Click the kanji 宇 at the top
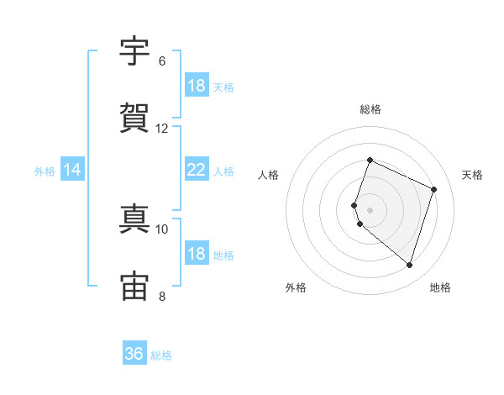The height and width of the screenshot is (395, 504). click(x=134, y=50)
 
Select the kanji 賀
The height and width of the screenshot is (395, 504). click(x=134, y=118)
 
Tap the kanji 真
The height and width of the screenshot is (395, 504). click(x=134, y=219)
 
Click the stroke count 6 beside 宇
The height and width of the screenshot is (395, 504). click(x=162, y=61)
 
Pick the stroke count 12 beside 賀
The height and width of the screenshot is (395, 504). click(x=161, y=129)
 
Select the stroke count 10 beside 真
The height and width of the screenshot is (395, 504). click(x=161, y=229)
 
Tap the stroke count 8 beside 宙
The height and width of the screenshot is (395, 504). click(x=162, y=297)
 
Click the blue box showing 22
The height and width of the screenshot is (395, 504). click(x=197, y=169)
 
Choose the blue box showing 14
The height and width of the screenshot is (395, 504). click(x=72, y=169)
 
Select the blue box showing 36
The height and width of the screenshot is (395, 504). click(x=134, y=352)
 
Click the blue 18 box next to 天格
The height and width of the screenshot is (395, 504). click(x=197, y=85)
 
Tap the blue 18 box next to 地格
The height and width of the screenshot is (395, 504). click(x=197, y=252)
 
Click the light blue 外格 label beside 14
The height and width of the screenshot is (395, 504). click(x=45, y=171)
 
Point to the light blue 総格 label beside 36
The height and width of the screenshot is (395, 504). click(x=161, y=355)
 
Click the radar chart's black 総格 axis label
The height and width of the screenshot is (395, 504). click(x=370, y=109)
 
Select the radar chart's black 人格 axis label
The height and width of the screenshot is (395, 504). click(x=268, y=175)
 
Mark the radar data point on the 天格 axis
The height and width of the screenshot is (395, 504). click(x=433, y=189)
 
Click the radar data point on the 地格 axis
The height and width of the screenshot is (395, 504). click(x=409, y=266)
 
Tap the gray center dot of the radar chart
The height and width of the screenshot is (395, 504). click(x=370, y=210)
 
